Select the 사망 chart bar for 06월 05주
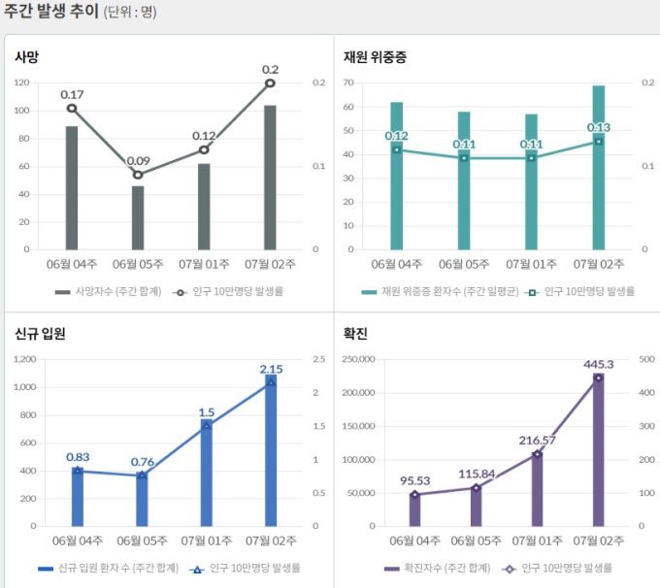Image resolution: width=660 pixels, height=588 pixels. pyautogui.click(x=138, y=217)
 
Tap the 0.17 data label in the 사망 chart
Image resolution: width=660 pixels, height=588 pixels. pyautogui.click(x=72, y=94)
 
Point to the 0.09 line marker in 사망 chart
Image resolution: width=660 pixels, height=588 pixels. pyautogui.click(x=138, y=175)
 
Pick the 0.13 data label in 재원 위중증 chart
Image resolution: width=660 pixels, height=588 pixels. pyautogui.click(x=599, y=127)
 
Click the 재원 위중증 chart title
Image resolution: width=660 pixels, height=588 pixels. pyautogui.click(x=375, y=57)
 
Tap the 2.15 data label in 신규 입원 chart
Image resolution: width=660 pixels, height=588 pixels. pyautogui.click(x=271, y=369)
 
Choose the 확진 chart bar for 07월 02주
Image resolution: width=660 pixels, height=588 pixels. pyautogui.click(x=599, y=450)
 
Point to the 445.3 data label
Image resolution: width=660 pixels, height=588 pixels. pyautogui.click(x=599, y=364)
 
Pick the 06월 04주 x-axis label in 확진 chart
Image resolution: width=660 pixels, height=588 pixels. pyautogui.click(x=414, y=539)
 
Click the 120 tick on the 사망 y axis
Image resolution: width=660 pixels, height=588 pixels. pyautogui.click(x=22, y=82)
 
